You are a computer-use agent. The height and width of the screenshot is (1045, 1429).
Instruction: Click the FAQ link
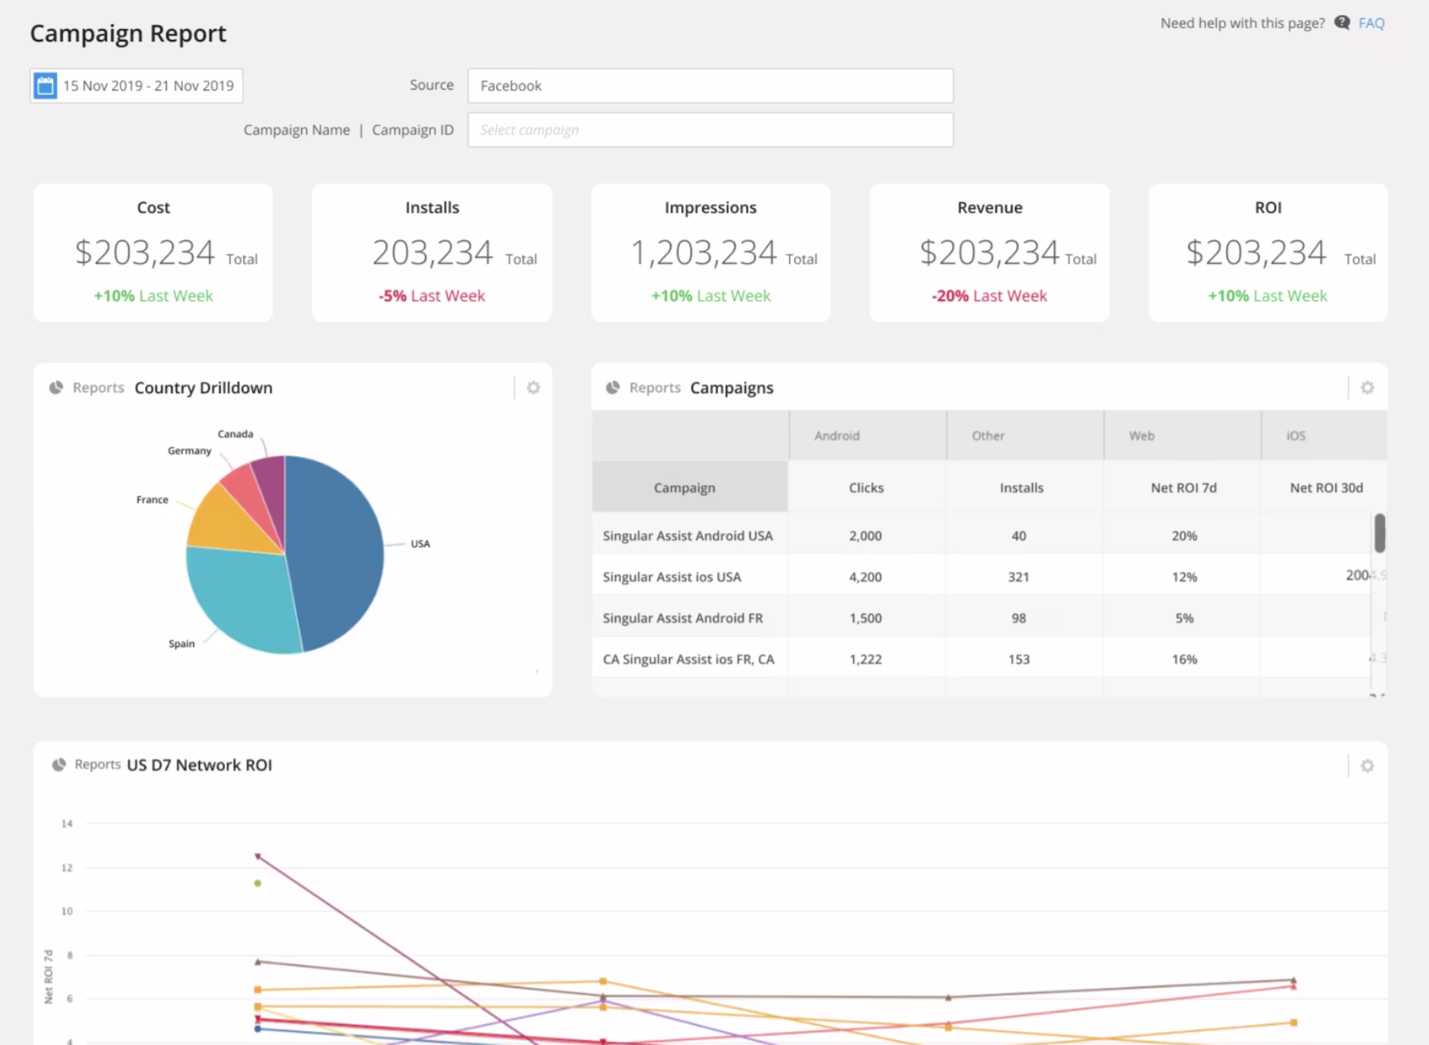[1371, 23]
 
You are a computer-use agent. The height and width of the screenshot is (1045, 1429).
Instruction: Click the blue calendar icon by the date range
[45, 86]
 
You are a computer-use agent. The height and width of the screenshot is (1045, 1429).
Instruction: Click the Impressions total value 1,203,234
[703, 253]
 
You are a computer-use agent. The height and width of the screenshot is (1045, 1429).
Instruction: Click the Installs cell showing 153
[1018, 659]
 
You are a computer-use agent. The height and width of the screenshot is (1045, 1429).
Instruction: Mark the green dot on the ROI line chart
[258, 883]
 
